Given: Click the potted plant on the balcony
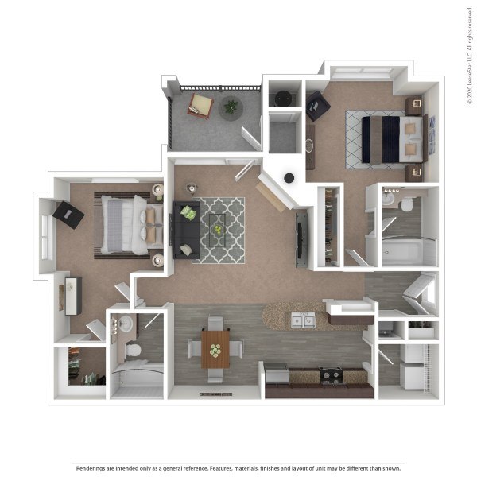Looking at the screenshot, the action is (231, 107).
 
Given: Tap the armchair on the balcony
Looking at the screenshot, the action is (200, 106).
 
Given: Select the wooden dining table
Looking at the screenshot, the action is (215, 350).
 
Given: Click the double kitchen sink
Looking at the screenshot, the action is (303, 320).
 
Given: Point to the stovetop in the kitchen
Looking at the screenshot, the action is (331, 375).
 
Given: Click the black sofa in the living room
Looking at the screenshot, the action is (186, 230).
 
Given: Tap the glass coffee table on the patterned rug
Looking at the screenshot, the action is (218, 230).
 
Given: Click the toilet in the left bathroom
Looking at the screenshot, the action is (134, 350).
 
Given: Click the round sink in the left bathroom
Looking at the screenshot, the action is (126, 324).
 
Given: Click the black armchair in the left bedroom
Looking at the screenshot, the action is (68, 215).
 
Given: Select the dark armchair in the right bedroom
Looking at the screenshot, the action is (318, 106).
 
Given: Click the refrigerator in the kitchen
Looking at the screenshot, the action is (277, 374).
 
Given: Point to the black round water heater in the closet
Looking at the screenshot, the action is (283, 98).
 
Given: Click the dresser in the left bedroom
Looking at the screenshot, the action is (72, 296).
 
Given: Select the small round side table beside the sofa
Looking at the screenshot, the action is (192, 188).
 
